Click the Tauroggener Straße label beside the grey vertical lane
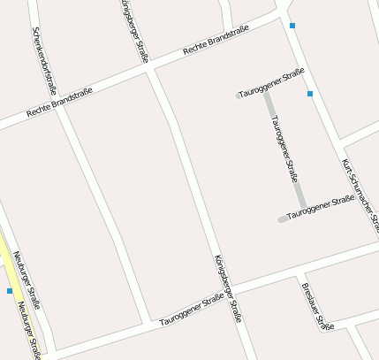coord(284,148)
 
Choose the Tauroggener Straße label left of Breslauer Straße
coord(190,312)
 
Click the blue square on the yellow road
coord(10,290)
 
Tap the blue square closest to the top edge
coord(292,26)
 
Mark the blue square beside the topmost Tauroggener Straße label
coord(310,94)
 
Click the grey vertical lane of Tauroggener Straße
coord(284,150)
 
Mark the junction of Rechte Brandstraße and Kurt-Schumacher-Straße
coord(284,16)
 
